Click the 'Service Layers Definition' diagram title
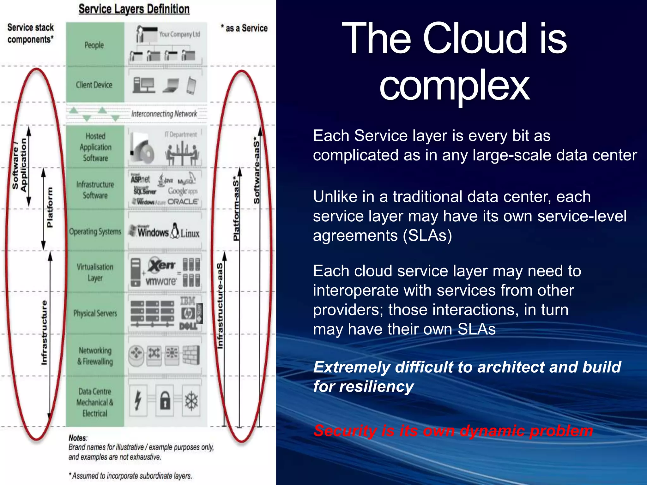[134, 9]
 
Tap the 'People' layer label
[94, 45]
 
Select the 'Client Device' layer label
[94, 85]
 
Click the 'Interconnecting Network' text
[164, 114]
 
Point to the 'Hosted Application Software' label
[95, 147]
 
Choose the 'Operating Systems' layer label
[95, 232]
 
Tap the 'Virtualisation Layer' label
[95, 272]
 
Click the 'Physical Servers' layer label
[95, 313]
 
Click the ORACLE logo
[183, 201]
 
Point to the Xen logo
[161, 265]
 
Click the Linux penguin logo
[175, 231]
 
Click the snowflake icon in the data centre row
[191, 401]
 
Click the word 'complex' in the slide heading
[454, 85]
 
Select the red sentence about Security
[453, 431]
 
